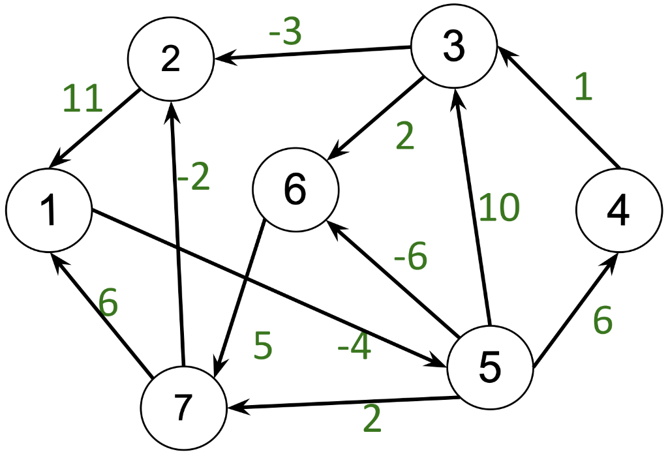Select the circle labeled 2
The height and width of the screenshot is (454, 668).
(170, 59)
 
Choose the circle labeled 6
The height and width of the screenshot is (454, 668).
(296, 190)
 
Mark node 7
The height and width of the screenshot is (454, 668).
(183, 407)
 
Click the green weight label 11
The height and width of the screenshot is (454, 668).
(82, 99)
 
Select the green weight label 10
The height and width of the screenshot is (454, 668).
(499, 207)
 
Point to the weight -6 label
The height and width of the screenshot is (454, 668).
(410, 258)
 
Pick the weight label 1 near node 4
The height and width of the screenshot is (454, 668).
(583, 87)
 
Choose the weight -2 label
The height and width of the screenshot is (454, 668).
(194, 177)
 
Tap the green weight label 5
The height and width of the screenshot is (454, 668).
(262, 346)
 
